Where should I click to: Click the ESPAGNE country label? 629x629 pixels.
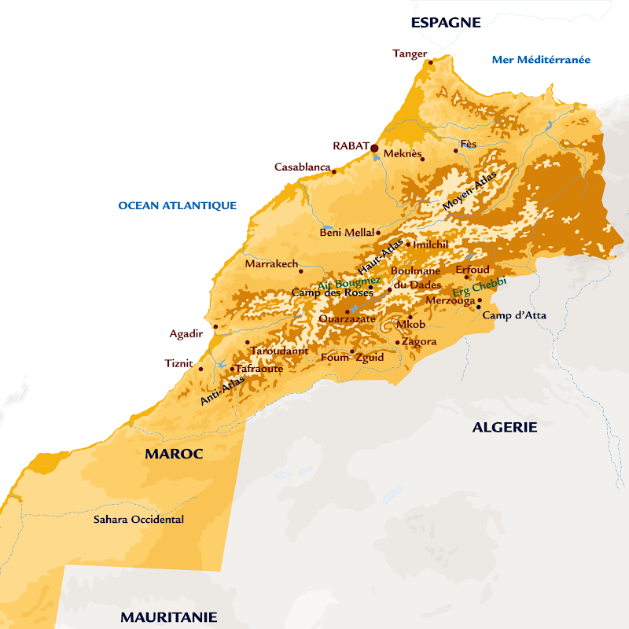tap(446, 23)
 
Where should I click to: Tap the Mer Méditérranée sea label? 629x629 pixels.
tap(541, 60)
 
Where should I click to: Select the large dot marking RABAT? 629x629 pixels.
tap(375, 148)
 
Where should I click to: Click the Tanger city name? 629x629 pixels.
tap(410, 53)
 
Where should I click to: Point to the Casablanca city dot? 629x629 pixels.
tap(333, 171)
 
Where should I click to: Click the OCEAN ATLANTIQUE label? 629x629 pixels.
tap(177, 206)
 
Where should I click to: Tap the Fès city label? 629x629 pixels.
tap(469, 143)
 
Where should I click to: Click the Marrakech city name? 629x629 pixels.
tap(271, 264)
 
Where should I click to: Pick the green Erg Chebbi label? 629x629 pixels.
tap(480, 287)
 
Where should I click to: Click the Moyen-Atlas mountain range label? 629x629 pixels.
tap(470, 191)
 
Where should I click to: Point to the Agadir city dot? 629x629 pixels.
tap(215, 326)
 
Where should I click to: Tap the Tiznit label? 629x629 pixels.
tap(178, 362)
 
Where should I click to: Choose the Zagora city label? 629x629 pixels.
tap(420, 342)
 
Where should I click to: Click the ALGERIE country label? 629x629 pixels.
tap(504, 428)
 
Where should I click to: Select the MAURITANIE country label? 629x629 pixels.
tap(168, 617)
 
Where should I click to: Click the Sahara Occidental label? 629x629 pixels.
tap(138, 520)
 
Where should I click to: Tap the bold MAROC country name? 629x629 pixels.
tap(174, 454)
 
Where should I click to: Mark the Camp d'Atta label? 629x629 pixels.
tap(514, 315)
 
